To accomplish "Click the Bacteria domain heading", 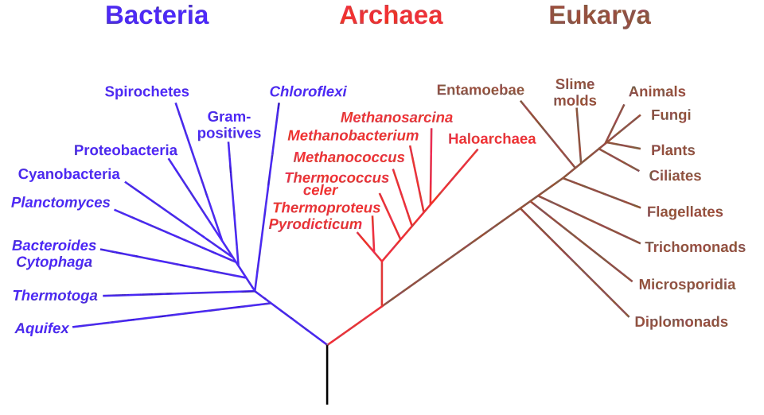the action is tap(157, 15).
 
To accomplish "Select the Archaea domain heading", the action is tap(391, 15).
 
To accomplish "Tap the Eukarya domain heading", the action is tap(599, 16).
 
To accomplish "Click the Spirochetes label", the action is tap(146, 91).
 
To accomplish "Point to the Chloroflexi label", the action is tap(308, 91).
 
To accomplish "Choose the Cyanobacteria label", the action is tap(68, 174).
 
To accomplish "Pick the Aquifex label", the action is tap(42, 328).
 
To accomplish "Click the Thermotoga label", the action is tap(55, 295).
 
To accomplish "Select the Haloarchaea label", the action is tap(492, 138).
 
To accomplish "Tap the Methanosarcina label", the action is tap(396, 117).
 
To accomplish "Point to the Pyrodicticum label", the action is tap(315, 224).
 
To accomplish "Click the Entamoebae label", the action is tap(481, 90).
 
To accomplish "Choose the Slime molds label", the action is tap(575, 92).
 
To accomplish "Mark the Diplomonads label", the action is tap(681, 322).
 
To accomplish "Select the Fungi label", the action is tap(671, 115).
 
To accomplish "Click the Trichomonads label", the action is tap(696, 247).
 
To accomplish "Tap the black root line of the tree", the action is tap(327, 374).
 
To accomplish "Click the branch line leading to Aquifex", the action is tap(171, 316).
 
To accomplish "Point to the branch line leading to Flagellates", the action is tap(602, 193).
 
